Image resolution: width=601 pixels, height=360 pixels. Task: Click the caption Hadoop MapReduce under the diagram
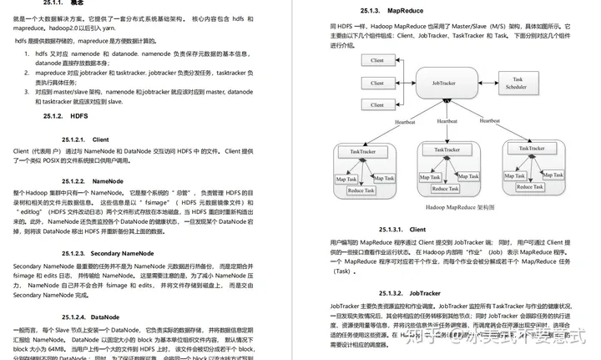point(442,206)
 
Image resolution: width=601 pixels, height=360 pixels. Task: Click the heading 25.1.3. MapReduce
point(385,11)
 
